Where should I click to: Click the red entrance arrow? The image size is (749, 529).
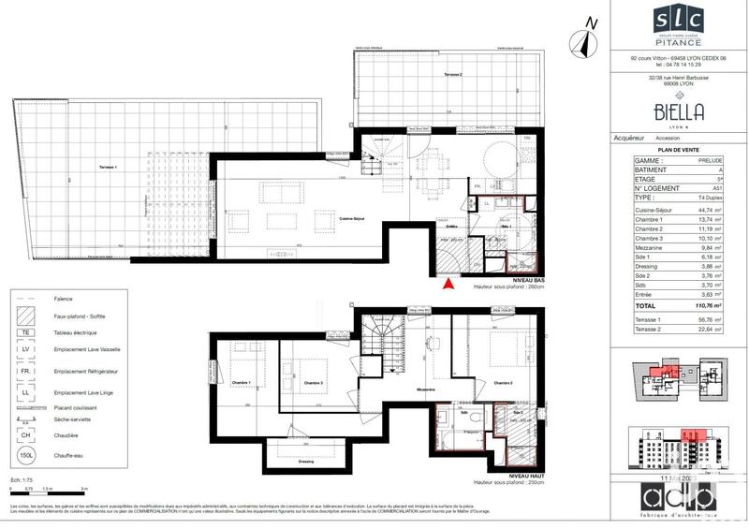448,285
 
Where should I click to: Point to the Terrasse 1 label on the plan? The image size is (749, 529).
110,167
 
